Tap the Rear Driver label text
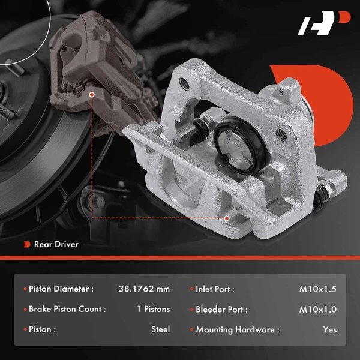(x=56, y=244)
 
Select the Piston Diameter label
(x=61, y=289)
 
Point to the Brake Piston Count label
(x=67, y=310)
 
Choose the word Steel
(x=161, y=329)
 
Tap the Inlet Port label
(x=215, y=289)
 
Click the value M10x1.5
(x=318, y=289)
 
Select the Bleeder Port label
(x=221, y=310)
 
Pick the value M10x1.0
(x=318, y=310)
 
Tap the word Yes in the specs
(x=329, y=329)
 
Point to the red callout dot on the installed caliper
(x=91, y=94)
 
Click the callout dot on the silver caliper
(x=227, y=218)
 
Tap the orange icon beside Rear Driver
(x=26, y=244)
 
